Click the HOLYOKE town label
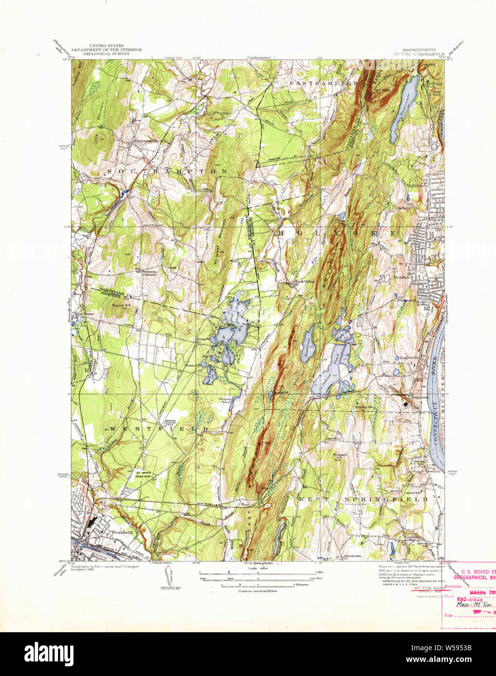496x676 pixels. coord(336,234)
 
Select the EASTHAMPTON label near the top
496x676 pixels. coord(324,84)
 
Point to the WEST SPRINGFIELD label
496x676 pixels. coord(363,499)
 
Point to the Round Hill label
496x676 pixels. coord(120,305)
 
